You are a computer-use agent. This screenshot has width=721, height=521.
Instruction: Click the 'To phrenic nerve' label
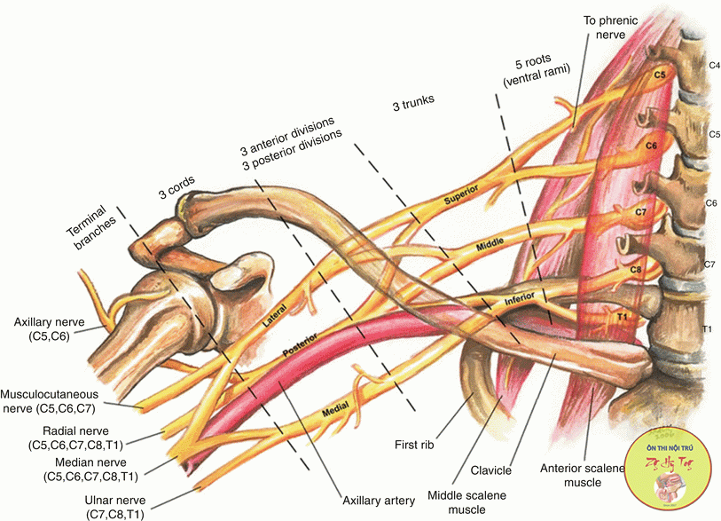click(x=607, y=27)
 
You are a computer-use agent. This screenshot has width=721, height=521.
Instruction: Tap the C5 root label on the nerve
click(x=659, y=75)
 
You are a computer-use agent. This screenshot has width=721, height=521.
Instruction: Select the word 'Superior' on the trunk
click(x=462, y=194)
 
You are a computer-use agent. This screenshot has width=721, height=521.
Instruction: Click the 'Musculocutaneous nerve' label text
click(x=62, y=401)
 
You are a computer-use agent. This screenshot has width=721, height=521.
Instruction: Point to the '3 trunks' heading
click(x=413, y=102)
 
